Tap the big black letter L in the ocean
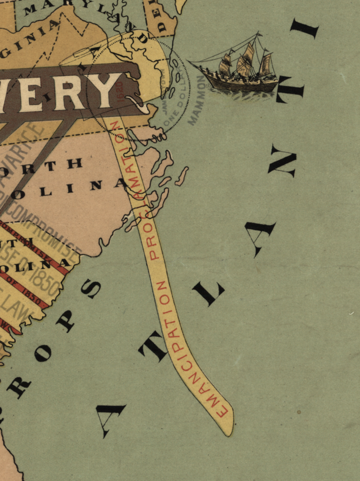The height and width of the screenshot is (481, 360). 208,294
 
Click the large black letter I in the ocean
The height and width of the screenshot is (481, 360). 304,29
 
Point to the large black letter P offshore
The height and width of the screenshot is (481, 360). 65,321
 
